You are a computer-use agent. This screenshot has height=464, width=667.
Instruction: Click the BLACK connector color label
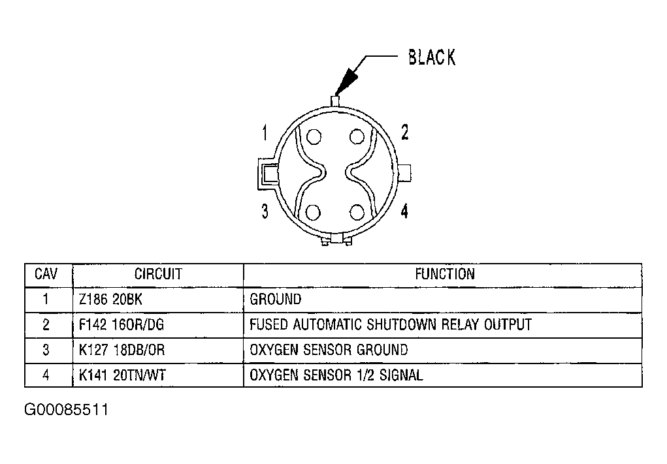click(432, 57)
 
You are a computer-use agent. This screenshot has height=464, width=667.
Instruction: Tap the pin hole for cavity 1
click(314, 137)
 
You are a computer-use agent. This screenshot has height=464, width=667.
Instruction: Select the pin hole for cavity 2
click(357, 137)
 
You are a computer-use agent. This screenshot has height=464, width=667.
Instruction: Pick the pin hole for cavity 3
click(314, 213)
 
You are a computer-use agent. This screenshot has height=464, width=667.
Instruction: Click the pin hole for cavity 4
click(357, 213)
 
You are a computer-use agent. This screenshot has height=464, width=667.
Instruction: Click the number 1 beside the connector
click(265, 132)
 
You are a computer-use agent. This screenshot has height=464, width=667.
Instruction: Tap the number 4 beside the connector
click(404, 211)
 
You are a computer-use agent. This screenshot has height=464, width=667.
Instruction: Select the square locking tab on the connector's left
click(268, 174)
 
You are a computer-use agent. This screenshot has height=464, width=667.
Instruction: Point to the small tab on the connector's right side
click(404, 173)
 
